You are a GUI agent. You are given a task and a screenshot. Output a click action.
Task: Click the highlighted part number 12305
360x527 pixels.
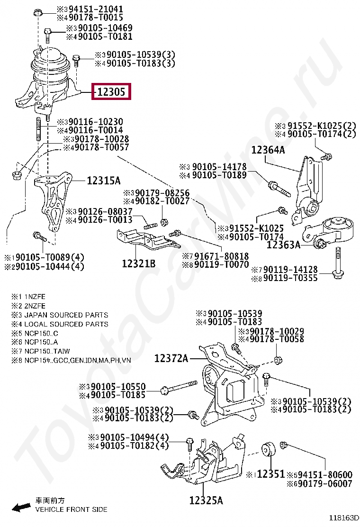[x=111, y=92]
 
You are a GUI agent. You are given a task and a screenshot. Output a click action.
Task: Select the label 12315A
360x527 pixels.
[x=103, y=181]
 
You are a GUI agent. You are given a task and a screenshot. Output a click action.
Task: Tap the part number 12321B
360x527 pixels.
[x=138, y=263]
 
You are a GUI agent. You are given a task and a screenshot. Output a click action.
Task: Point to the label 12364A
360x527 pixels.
[x=268, y=150]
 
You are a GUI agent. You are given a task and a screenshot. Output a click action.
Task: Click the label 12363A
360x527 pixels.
[x=283, y=245]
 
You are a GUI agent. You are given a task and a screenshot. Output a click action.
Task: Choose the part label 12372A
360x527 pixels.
[x=171, y=359]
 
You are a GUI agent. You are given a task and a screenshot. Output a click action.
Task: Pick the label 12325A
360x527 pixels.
[x=206, y=500]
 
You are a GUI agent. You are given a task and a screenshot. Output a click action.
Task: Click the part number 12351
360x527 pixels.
[x=270, y=474]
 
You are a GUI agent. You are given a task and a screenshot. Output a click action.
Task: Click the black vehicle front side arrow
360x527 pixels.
[x=21, y=508]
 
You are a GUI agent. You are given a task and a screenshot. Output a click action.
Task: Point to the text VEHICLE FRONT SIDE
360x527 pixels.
[x=72, y=509]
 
